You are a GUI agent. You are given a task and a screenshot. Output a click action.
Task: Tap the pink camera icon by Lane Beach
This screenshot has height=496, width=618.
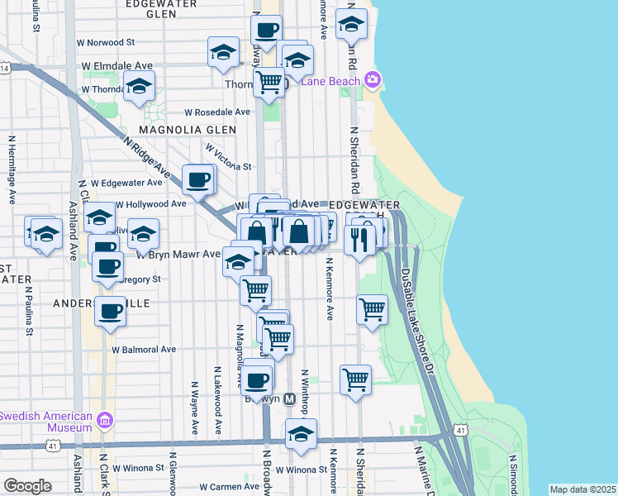[x=373, y=80]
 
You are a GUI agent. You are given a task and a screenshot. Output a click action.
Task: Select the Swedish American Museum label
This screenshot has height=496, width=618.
[x=46, y=422]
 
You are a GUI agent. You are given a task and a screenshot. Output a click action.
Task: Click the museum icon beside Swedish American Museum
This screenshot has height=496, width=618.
[x=104, y=421]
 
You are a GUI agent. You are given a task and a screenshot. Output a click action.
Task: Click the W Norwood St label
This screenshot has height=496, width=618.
[x=108, y=41]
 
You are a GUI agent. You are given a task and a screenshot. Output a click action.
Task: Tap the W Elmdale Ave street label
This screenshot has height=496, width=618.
[x=117, y=65]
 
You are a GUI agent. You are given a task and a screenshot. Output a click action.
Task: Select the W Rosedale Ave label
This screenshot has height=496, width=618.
[x=216, y=112]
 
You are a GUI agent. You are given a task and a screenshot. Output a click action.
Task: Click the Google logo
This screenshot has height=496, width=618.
[x=27, y=486]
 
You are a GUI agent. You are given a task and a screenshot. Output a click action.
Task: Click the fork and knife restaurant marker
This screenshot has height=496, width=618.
[x=359, y=241]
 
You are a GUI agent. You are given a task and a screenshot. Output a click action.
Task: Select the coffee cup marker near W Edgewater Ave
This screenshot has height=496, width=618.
[x=197, y=179]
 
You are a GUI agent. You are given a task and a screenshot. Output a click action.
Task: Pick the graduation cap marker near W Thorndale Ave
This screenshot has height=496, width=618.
[x=140, y=86]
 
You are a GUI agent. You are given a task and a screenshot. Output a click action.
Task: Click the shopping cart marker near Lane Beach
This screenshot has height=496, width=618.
[x=269, y=82]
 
